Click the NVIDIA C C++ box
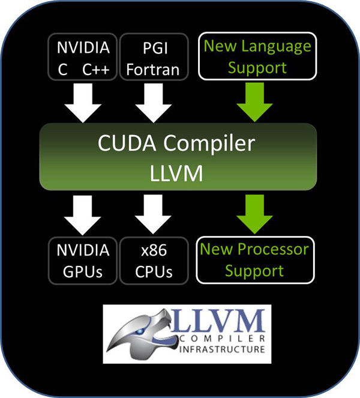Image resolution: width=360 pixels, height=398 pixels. point(83,57)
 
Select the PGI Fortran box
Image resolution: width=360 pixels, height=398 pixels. point(152,57)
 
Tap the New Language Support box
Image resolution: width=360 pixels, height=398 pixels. point(256,57)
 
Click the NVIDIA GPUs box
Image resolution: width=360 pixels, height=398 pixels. point(83,261)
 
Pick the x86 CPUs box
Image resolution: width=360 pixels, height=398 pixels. point(152,261)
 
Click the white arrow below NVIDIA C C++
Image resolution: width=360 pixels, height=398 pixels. point(83,100)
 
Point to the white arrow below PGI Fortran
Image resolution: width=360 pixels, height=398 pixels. point(153,100)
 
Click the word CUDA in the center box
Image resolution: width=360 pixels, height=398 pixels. point(124,144)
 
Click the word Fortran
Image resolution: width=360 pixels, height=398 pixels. point(152,69)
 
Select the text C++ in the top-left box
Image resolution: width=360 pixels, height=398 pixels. point(96,69)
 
